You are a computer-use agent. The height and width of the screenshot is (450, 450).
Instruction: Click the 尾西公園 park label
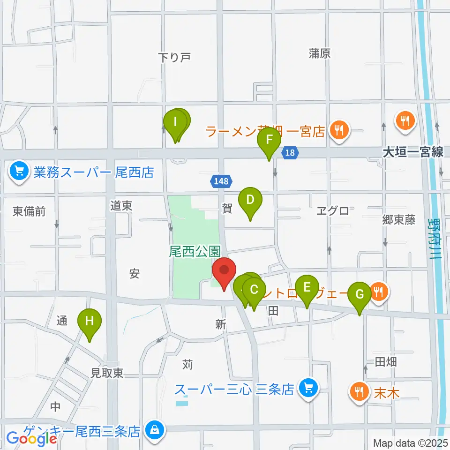pyautogui.click(x=195, y=251)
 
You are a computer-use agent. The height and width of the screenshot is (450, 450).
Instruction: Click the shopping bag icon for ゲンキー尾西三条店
pyautogui.click(x=154, y=430)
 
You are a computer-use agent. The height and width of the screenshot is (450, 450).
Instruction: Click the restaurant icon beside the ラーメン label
pyautogui.click(x=338, y=129)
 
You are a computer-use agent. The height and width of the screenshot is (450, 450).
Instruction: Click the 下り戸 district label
pyautogui.click(x=174, y=58)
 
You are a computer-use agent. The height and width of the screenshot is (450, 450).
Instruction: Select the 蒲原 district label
pyautogui.click(x=320, y=53)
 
